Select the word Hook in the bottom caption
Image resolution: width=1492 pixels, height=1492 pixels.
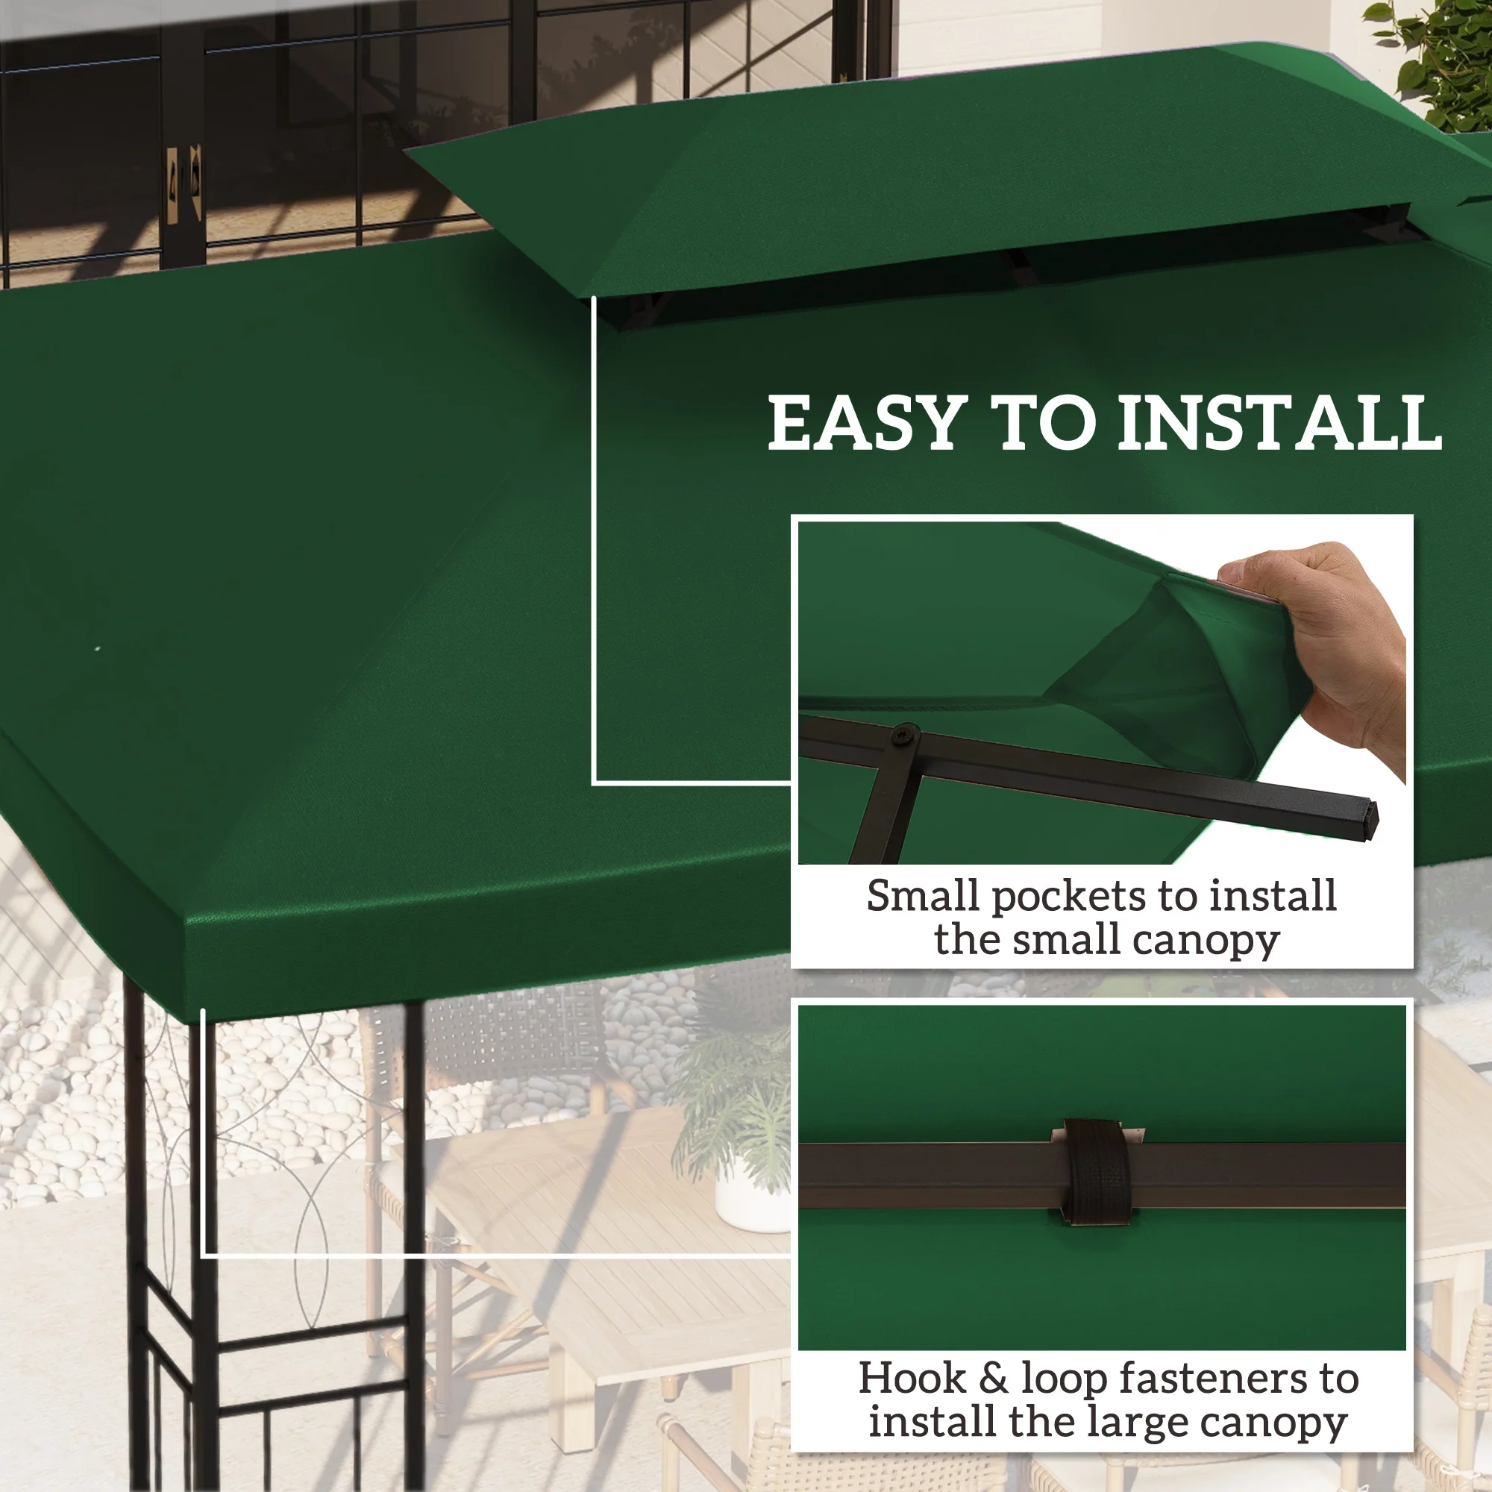point(912,1379)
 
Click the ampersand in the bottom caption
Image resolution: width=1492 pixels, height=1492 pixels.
point(993,1379)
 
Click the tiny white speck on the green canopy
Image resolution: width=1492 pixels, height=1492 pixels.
point(97,649)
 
